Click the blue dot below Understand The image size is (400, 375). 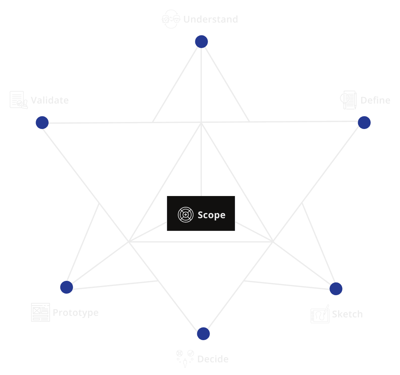pos(202,41)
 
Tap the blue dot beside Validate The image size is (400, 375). pos(42,122)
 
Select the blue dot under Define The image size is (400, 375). pos(364,122)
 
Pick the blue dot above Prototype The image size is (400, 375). pos(67,287)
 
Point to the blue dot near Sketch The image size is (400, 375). pos(336,289)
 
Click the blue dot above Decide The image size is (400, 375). pos(203,334)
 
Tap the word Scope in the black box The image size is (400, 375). pos(211,215)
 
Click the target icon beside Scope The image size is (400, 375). pos(186,215)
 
